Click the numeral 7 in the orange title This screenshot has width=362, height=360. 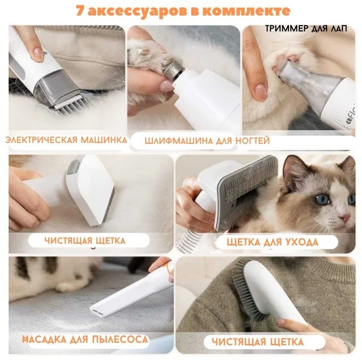pos(80,11)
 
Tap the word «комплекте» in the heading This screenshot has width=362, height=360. pos(247,11)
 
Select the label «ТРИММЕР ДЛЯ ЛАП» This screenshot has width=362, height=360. pos(306,28)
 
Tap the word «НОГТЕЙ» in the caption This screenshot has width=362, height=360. pos(253,140)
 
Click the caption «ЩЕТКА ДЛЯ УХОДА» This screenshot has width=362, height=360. pos(272,242)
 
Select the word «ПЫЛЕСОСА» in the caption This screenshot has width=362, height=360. pos(120,339)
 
